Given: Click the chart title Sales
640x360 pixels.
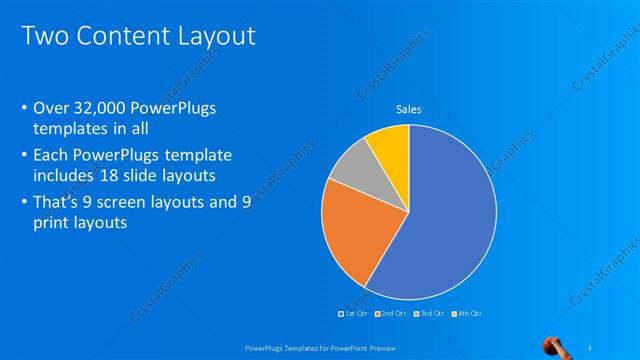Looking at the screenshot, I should (408, 109).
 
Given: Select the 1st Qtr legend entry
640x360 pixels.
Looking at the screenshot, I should (352, 314).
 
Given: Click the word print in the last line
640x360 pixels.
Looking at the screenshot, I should (52, 225).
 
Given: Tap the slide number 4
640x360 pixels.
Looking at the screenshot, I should (590, 347).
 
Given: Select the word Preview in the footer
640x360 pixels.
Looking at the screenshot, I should (380, 347).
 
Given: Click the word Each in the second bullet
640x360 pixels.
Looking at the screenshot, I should (52, 155).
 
